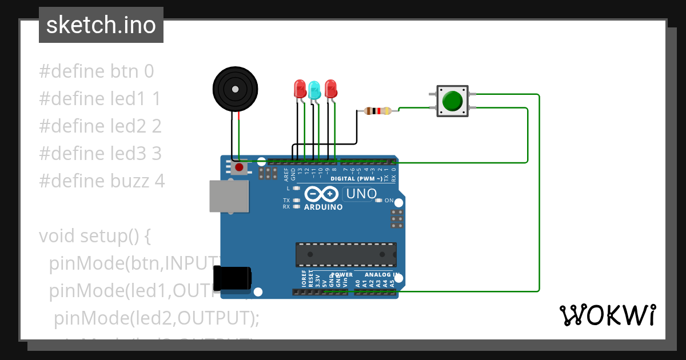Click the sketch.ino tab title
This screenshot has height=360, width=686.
(x=101, y=25)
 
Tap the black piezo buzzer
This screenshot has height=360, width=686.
(x=234, y=89)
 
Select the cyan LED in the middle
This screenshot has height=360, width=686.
(x=314, y=90)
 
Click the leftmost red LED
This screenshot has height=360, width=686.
(x=300, y=89)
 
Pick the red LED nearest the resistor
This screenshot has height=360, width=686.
(x=330, y=89)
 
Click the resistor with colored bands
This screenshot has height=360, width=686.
(x=377, y=111)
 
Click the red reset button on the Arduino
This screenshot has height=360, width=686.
(x=240, y=168)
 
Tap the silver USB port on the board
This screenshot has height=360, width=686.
(x=229, y=197)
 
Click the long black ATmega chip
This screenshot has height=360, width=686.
(x=346, y=254)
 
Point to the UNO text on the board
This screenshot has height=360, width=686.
(x=361, y=194)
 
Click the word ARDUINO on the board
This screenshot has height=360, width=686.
(x=324, y=207)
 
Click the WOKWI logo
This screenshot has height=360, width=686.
(x=607, y=315)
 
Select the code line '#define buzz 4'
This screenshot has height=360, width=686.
(x=102, y=181)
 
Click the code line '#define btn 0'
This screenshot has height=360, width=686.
(x=96, y=71)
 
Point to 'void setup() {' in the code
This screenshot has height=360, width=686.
(x=94, y=236)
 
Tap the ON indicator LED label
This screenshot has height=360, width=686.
(x=389, y=201)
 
